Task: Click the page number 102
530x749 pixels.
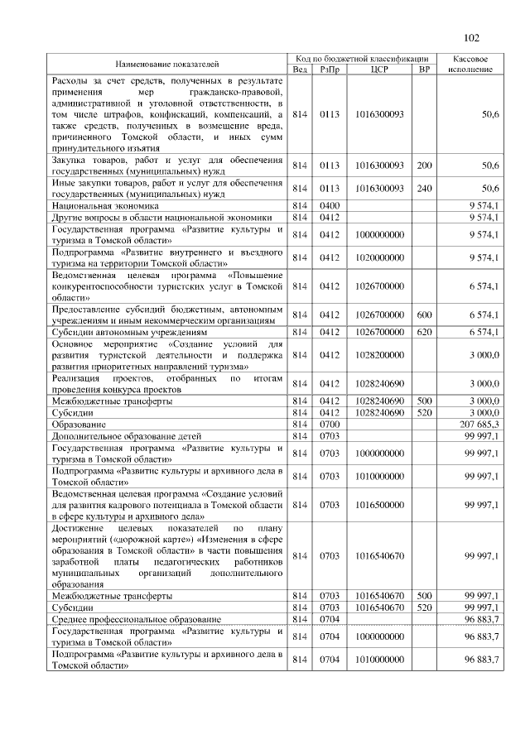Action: (x=472, y=36)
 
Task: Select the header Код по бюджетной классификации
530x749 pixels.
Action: (x=362, y=59)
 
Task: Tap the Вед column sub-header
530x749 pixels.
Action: (x=300, y=70)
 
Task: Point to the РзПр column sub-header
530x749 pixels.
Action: (x=325, y=70)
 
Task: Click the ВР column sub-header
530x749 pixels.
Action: (x=425, y=70)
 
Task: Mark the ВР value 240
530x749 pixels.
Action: (x=425, y=188)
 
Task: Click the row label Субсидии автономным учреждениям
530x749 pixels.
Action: (x=128, y=332)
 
